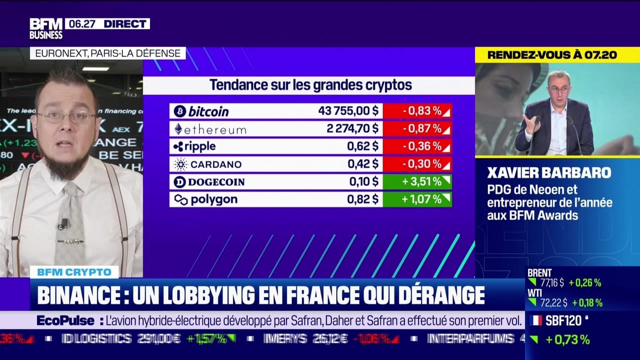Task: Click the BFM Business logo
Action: (46, 28)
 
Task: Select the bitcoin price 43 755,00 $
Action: (348, 111)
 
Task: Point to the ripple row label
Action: (195, 146)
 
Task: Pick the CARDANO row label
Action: (207, 164)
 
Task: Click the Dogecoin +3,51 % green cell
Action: (417, 181)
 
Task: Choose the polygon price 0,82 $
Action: (362, 199)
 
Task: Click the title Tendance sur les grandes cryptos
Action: (310, 85)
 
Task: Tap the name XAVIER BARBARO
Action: (549, 173)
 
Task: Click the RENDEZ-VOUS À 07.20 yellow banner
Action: (552, 55)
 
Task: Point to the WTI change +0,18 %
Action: (587, 302)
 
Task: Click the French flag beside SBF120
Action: (535, 320)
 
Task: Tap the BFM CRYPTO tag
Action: (74, 272)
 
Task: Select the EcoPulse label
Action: (65, 320)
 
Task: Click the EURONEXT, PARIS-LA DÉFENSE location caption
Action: (107, 53)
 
